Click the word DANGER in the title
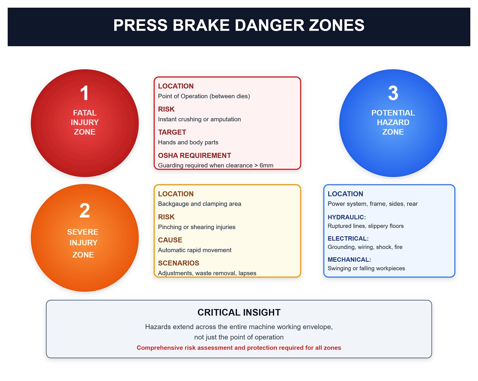(x=269, y=25)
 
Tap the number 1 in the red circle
(x=84, y=93)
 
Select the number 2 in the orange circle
(x=84, y=210)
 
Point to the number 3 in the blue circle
(x=393, y=93)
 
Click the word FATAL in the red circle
(x=84, y=113)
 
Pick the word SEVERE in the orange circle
(x=82, y=232)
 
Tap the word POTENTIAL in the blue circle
(x=393, y=113)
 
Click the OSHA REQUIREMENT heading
(x=194, y=156)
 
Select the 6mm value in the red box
(x=266, y=165)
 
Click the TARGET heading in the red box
(x=172, y=132)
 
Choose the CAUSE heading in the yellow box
(x=170, y=240)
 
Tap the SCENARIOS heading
(x=178, y=263)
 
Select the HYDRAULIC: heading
(x=347, y=217)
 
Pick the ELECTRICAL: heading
(x=348, y=238)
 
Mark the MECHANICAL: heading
(x=349, y=259)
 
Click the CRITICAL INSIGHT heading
(x=239, y=313)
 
